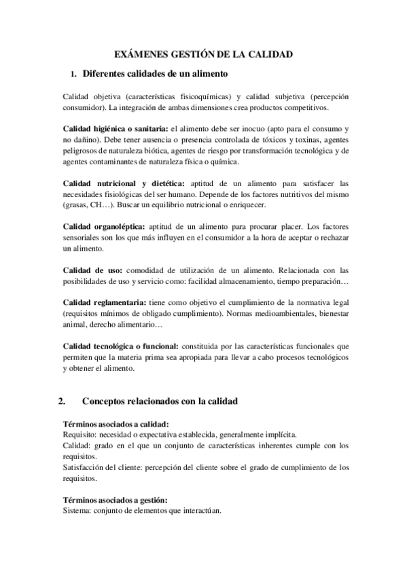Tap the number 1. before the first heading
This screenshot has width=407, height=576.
(x=74, y=73)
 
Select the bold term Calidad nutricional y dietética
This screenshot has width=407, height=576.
(x=124, y=183)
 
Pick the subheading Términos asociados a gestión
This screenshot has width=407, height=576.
(x=110, y=499)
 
